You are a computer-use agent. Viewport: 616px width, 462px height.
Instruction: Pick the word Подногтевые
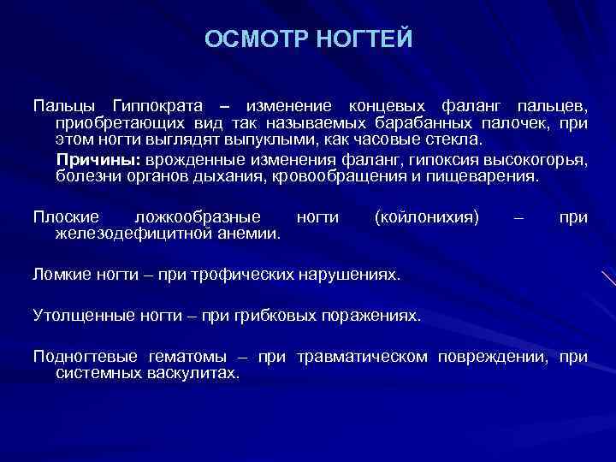point(85,357)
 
